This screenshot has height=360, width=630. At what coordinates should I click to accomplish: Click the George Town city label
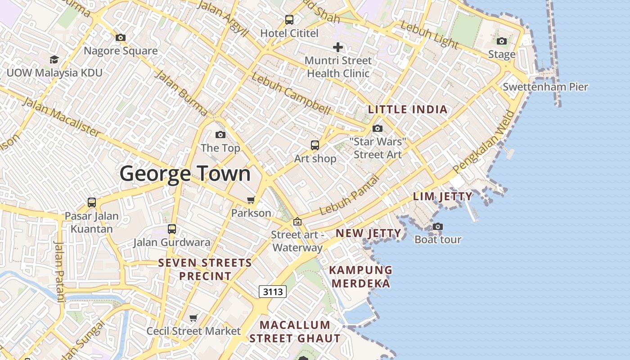click(x=185, y=174)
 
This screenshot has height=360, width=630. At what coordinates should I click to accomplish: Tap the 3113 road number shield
click(x=273, y=292)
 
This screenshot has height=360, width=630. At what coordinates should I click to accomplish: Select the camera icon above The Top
click(x=220, y=135)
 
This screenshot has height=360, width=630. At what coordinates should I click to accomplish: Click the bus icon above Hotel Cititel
click(x=289, y=20)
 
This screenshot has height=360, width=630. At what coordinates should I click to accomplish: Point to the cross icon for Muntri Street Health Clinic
click(x=338, y=47)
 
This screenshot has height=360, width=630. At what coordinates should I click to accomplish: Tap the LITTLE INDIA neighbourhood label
click(x=408, y=109)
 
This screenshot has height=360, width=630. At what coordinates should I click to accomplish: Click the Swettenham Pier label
click(x=545, y=87)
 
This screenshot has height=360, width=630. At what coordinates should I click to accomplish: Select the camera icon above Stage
click(x=502, y=41)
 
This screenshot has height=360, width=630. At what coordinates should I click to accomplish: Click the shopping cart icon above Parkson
click(x=251, y=200)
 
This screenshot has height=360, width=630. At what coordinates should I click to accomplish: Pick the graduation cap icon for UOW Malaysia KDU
click(x=54, y=59)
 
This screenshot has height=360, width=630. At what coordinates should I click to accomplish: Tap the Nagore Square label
click(x=121, y=51)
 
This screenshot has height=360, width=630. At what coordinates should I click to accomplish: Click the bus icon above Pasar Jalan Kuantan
click(x=92, y=202)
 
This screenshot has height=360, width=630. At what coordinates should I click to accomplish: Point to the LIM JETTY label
click(x=443, y=196)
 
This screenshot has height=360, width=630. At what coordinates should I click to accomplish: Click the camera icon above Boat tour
click(x=438, y=226)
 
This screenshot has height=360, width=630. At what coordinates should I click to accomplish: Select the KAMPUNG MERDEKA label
click(x=361, y=277)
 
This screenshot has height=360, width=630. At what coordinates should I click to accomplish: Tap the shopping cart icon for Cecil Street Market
click(x=193, y=318)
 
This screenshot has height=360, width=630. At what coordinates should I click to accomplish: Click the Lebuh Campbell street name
click(x=291, y=93)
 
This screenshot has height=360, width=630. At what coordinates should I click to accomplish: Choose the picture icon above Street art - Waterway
click(x=297, y=221)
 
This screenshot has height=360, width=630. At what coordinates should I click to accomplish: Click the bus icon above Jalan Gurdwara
click(x=171, y=229)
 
